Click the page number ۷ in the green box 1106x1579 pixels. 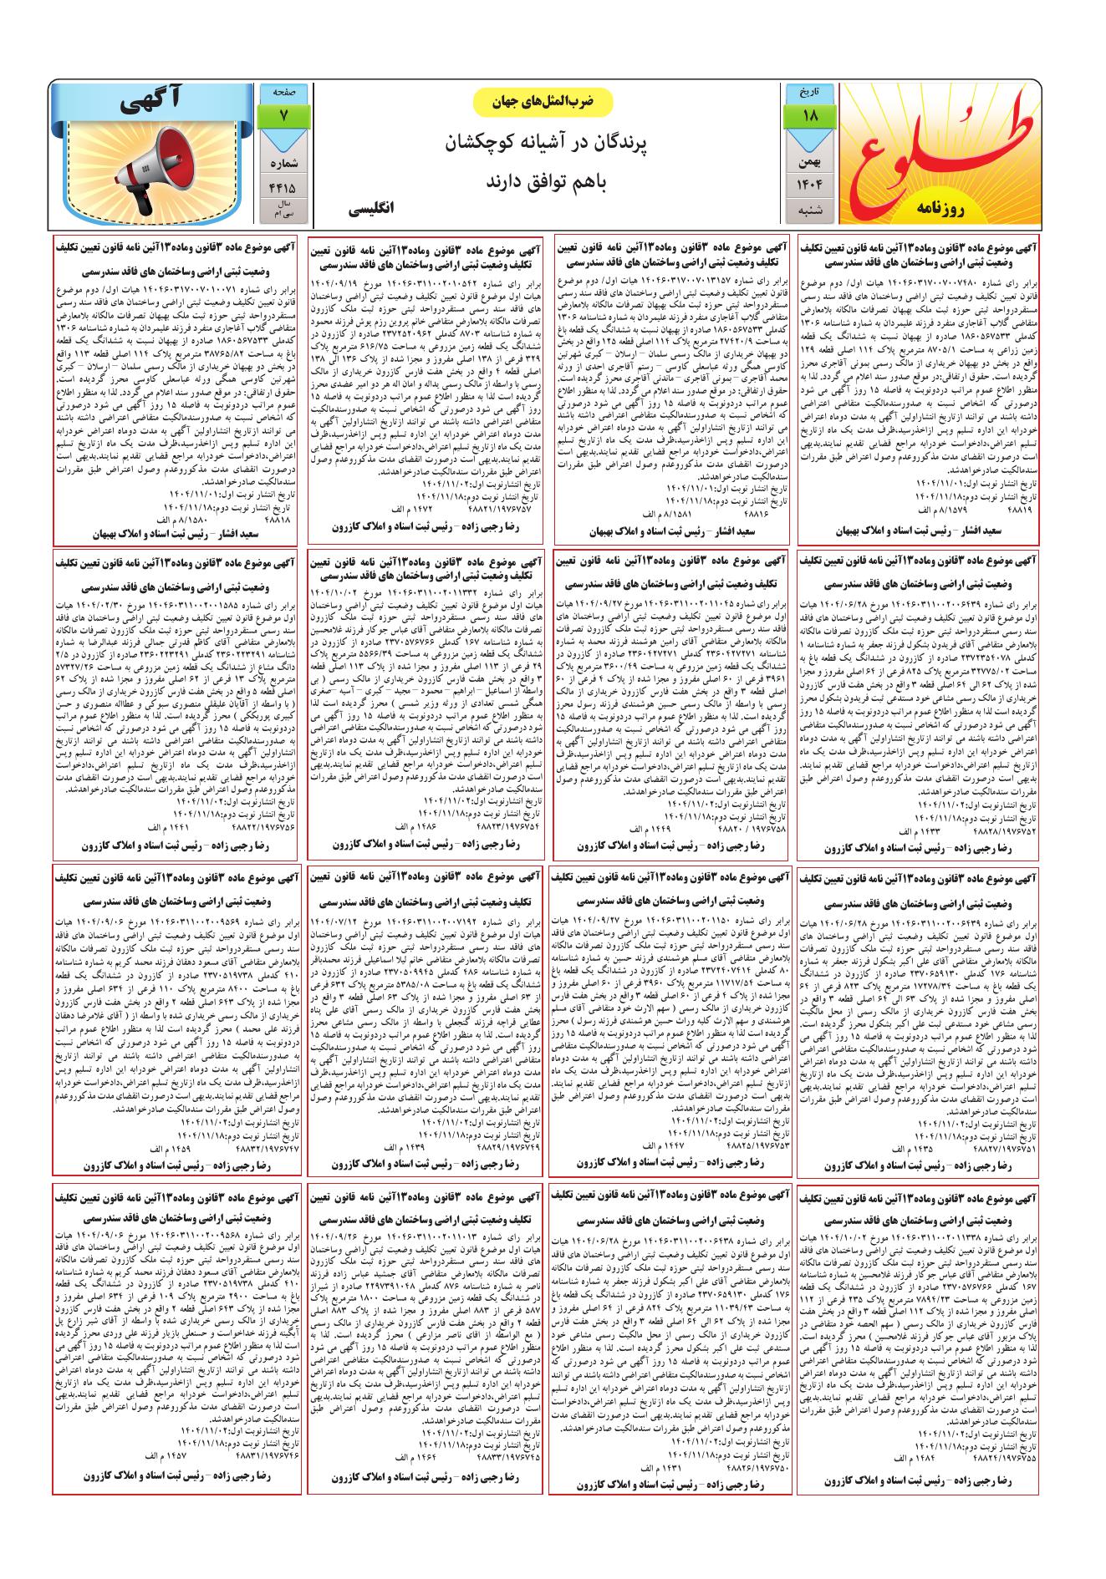[x=283, y=116]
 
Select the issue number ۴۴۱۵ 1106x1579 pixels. [x=283, y=188]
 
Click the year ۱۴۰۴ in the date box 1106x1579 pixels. [x=810, y=184]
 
